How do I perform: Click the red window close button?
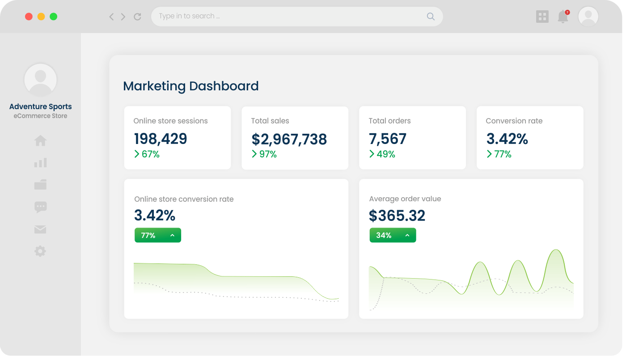pos(29,17)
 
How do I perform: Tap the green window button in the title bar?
pos(53,17)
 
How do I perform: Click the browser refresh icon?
pos(137,17)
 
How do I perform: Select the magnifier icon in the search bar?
pos(431,17)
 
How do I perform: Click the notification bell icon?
pos(563,17)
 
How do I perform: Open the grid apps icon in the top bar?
pos(542,17)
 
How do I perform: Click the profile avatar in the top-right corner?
pos(588,17)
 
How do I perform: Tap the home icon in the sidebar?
pos(40,141)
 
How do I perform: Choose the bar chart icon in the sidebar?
pos(40,163)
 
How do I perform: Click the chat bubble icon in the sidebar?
pos(40,207)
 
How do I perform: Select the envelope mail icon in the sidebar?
pos(40,229)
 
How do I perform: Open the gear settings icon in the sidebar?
pos(40,251)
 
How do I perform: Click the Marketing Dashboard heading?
pos(191,86)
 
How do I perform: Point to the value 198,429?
pos(160,139)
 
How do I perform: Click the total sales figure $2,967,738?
pos(289,140)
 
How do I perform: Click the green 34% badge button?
pos(393,235)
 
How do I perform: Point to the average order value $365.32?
pos(397,216)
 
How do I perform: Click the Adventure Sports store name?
pos(41,106)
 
